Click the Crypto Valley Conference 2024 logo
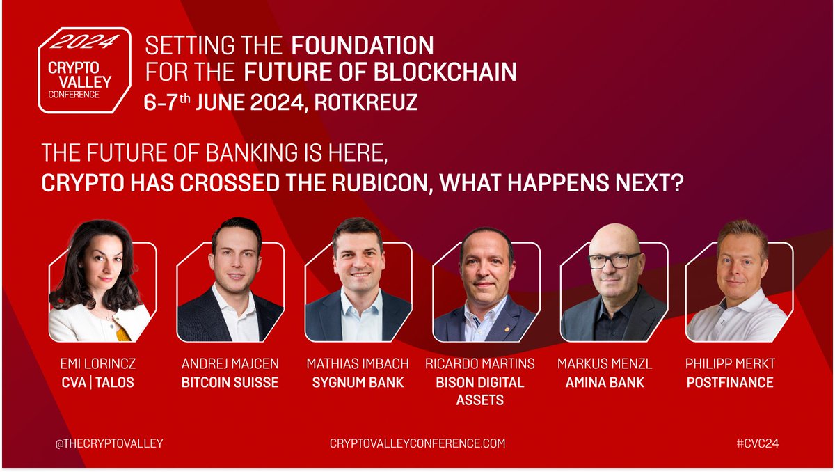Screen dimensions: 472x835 (84, 70)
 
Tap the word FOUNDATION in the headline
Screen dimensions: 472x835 (362, 46)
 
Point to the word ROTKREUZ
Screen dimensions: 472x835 (365, 102)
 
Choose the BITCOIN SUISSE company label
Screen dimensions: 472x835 (230, 382)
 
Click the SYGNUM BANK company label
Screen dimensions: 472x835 (355, 382)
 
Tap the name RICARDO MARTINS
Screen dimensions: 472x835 (480, 364)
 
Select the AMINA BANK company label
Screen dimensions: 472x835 (605, 382)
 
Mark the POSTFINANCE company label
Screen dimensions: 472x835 (729, 382)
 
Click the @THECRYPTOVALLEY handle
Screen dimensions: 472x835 (109, 443)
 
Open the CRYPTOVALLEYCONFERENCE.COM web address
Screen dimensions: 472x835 (417, 443)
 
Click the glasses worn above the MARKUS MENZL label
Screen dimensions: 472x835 (614, 261)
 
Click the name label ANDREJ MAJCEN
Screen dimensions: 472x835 (230, 364)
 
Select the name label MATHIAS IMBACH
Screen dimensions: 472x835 (355, 364)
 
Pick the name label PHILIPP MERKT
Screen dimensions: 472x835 (729, 364)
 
